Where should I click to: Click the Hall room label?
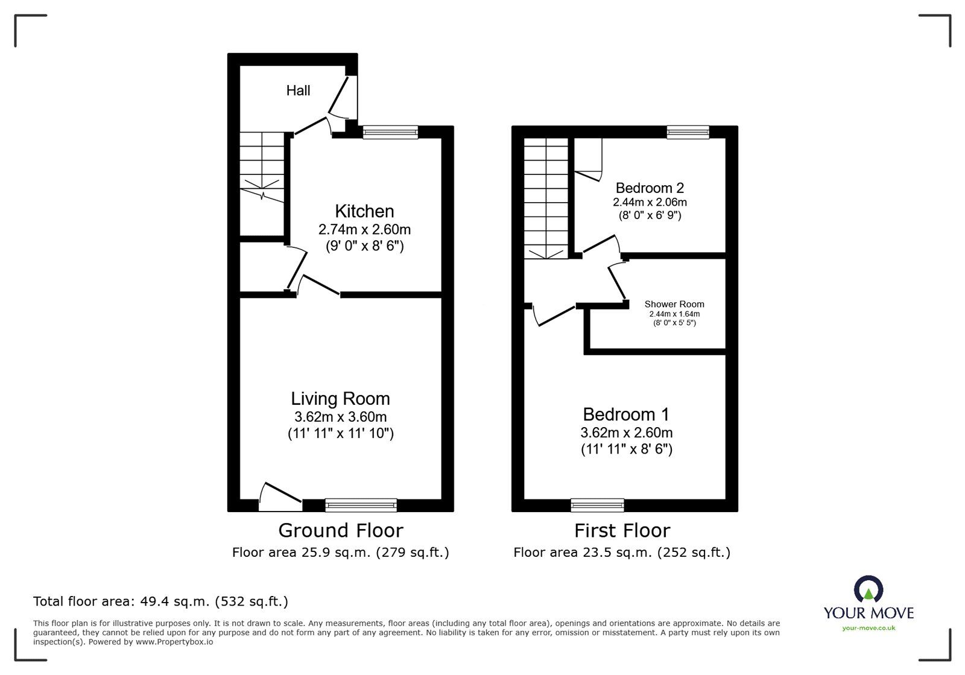298,90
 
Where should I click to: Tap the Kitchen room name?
364,211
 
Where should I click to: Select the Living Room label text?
340,399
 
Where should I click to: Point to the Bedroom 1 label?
626,414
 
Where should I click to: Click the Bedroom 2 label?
650,188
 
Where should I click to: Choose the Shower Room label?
674,304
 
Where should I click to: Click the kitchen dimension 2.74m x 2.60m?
364,229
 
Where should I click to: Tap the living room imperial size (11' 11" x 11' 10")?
340,433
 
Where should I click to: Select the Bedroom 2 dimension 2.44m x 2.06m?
650,202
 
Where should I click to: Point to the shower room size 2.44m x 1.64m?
674,314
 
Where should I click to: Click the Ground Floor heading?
341,530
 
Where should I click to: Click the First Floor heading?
622,530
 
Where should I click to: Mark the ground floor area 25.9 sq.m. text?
340,552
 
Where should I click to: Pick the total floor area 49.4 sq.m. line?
160,601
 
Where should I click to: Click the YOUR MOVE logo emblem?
868,588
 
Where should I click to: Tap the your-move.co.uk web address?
868,628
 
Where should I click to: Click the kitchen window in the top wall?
390,132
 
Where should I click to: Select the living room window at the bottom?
361,505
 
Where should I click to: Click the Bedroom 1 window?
597,505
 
